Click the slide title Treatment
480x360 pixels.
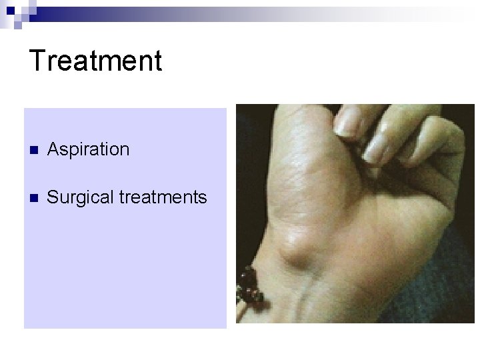[95, 60]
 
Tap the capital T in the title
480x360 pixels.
[38, 60]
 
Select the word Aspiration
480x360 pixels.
[88, 149]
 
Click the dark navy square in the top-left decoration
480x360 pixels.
[9, 8]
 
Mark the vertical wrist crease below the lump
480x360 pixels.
[303, 300]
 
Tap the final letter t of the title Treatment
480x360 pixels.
[157, 60]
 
